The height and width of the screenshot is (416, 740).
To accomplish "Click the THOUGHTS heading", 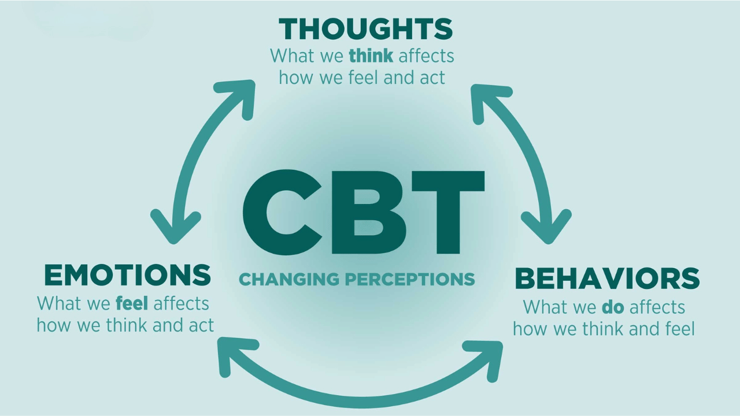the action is click(366, 29).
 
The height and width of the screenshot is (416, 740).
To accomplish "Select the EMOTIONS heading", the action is click(128, 275).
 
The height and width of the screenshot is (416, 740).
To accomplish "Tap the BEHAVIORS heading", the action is click(607, 278).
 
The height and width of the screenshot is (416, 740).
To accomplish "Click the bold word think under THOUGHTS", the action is click(371, 55).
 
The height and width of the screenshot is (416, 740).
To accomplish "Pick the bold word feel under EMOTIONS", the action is click(132, 303).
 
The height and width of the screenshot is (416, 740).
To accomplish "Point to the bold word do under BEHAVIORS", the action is click(613, 307).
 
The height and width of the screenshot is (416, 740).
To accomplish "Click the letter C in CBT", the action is click(283, 212).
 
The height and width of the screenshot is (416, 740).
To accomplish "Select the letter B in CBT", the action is click(369, 212).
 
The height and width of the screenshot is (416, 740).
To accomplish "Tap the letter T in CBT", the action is click(447, 212).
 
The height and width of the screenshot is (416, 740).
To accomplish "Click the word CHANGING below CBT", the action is click(289, 279).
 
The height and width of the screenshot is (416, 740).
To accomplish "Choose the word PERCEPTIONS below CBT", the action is click(410, 279).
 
